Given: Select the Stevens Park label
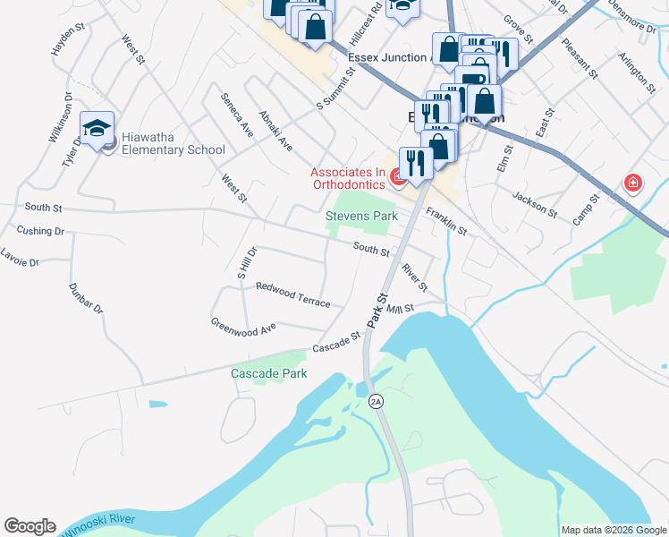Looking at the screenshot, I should (x=360, y=217).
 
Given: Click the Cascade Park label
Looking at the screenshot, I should (x=268, y=373).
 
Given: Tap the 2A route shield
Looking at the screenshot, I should (x=376, y=401).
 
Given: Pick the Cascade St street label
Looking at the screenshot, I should (x=336, y=341).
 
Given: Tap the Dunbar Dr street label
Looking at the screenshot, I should (x=86, y=298).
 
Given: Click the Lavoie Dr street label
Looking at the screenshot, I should (x=21, y=260).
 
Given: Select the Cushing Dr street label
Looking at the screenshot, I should (x=41, y=231).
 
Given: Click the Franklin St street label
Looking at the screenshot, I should (x=446, y=221).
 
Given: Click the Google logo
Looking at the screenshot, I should (x=30, y=526).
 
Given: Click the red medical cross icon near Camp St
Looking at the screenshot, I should (x=633, y=183).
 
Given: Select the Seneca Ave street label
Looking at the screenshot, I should (x=238, y=115).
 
